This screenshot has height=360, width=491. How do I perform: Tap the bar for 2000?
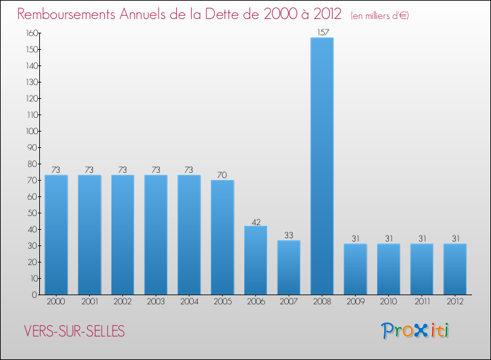click(x=56, y=235)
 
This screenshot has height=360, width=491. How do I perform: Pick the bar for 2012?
click(x=455, y=269)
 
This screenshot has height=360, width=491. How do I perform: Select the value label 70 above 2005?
click(x=223, y=175)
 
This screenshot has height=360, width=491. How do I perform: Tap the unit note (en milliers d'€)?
click(x=380, y=15)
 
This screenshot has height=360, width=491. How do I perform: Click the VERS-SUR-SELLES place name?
click(x=74, y=331)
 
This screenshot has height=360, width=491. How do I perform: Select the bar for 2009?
click(x=355, y=269)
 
